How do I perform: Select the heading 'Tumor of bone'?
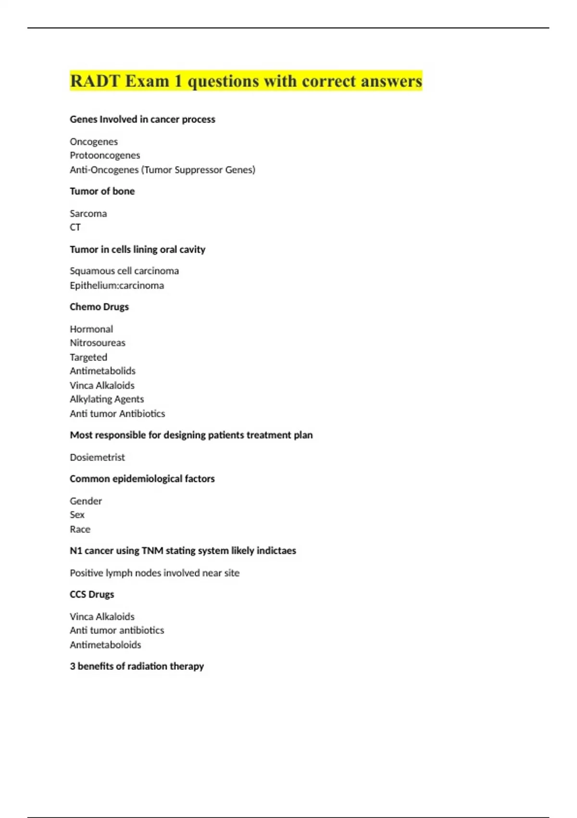point(102,191)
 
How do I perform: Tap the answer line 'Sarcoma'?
point(88,213)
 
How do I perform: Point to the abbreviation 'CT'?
point(75,227)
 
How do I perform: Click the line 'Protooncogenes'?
point(105,155)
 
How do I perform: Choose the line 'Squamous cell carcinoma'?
point(124,271)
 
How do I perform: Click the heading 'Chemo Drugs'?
point(99,307)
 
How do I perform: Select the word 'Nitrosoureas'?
point(98,343)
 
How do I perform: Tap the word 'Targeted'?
point(88,357)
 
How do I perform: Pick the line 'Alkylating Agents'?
point(107,399)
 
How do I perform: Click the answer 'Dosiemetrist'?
point(97,457)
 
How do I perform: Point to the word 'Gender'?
point(86,501)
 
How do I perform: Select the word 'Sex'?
point(77,515)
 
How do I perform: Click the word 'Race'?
point(80,529)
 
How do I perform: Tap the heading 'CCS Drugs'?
point(92,594)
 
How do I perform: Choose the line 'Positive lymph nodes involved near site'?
point(154,573)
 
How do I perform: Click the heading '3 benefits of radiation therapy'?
point(137,666)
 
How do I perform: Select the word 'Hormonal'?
point(91,329)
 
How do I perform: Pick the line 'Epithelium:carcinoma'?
point(117,285)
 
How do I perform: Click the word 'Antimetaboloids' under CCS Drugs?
point(105,645)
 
